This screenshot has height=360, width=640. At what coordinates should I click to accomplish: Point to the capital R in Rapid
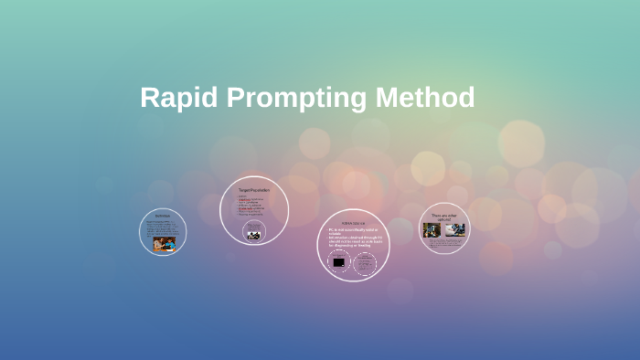coord(151,98)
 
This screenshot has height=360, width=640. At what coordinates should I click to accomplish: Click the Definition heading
coord(163,216)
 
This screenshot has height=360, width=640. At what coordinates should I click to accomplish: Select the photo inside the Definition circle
coord(165,244)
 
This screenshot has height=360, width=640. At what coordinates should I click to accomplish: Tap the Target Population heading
coord(254,189)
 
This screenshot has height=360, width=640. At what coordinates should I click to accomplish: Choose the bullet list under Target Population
coord(252,206)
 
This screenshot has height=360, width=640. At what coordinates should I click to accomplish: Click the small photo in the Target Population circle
coord(254,233)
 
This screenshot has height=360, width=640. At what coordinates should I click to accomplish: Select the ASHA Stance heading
coord(353,222)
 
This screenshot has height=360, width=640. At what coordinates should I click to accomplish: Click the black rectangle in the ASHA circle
coord(339,263)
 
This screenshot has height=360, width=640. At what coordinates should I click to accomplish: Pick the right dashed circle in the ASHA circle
coord(365,263)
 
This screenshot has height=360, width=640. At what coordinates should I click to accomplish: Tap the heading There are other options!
coord(444,217)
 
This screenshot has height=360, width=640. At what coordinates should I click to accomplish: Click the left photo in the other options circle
coord(432,230)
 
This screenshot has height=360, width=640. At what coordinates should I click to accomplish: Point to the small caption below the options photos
coord(445,242)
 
